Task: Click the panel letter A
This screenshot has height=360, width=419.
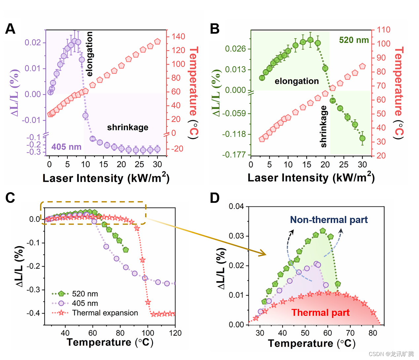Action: click(10, 29)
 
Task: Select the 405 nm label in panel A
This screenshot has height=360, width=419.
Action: click(66, 147)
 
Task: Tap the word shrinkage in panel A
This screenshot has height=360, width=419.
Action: click(128, 127)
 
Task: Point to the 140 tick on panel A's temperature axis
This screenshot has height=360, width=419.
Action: click(178, 37)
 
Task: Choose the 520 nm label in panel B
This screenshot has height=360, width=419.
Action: click(354, 40)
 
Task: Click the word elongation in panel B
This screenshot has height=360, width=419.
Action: click(297, 81)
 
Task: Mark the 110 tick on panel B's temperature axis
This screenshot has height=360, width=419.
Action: click(383, 30)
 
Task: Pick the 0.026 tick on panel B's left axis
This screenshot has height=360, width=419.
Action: click(235, 49)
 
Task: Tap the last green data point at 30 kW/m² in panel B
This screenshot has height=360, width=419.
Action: click(362, 138)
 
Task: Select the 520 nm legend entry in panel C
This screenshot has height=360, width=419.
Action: click(85, 294)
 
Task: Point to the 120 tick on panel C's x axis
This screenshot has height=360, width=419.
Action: click(175, 333)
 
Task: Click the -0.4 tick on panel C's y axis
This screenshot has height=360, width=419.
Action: click(33, 313)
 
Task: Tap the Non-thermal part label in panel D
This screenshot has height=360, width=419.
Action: click(329, 220)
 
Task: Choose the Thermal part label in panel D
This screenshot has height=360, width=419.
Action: click(320, 313)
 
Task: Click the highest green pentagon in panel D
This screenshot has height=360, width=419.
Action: click(323, 231)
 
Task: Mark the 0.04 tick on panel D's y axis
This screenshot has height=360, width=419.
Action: click(236, 206)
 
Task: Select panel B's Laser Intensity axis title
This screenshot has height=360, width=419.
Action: click(311, 178)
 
